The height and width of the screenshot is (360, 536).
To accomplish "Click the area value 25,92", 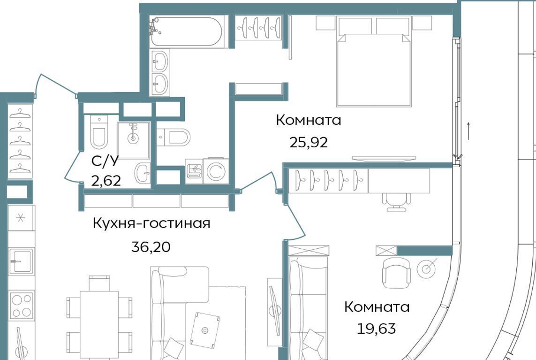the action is [x=309, y=142].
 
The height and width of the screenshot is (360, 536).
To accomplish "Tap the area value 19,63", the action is [x=377, y=329].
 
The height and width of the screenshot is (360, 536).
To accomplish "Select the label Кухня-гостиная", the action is [x=151, y=223].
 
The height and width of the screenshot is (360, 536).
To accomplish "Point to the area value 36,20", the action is [x=151, y=247].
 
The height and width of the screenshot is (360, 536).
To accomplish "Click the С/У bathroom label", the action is [x=105, y=161].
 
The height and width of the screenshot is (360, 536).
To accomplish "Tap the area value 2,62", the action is [x=106, y=180].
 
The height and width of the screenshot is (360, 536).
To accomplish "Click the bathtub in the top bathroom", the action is [x=186, y=31].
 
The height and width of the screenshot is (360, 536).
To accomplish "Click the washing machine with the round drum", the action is [x=216, y=171].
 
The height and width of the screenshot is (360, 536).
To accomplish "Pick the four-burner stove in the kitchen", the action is [x=21, y=305].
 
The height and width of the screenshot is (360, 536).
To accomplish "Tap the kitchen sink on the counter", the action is [x=21, y=261].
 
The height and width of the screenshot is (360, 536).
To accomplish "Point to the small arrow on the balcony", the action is [x=468, y=130].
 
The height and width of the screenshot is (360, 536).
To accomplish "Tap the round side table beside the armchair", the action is [x=426, y=268].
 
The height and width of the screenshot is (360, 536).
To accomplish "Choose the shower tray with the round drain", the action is [x=134, y=140].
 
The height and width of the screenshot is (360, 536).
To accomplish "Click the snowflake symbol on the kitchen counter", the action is [x=21, y=218].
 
